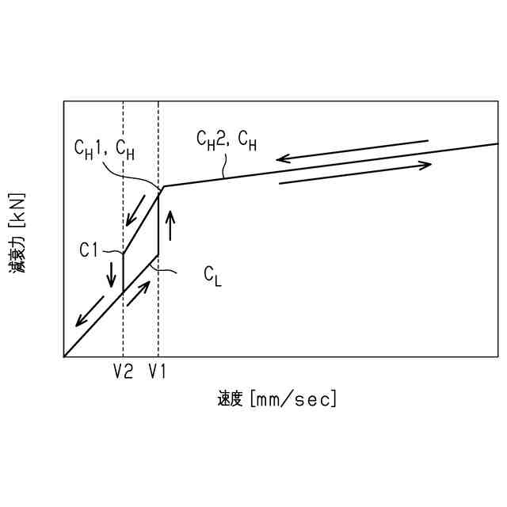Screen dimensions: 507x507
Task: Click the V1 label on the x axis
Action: (158, 371)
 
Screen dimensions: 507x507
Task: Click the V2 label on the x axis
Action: (123, 371)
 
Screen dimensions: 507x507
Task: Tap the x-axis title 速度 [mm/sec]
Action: (277, 398)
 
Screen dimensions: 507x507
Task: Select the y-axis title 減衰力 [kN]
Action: (17, 233)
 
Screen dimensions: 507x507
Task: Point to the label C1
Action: (88, 250)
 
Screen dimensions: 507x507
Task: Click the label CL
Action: (212, 275)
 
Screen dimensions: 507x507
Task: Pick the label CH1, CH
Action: (104, 147)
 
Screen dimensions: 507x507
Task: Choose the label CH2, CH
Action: (227, 139)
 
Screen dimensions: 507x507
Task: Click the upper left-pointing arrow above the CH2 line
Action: (352, 150)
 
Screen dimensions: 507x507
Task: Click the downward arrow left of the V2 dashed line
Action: (111, 273)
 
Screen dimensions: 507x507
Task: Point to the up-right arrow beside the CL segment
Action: (138, 294)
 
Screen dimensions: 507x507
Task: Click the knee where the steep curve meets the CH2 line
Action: (162, 187)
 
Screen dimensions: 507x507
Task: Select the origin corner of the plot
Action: (64, 356)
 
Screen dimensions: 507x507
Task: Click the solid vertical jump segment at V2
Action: (123, 273)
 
